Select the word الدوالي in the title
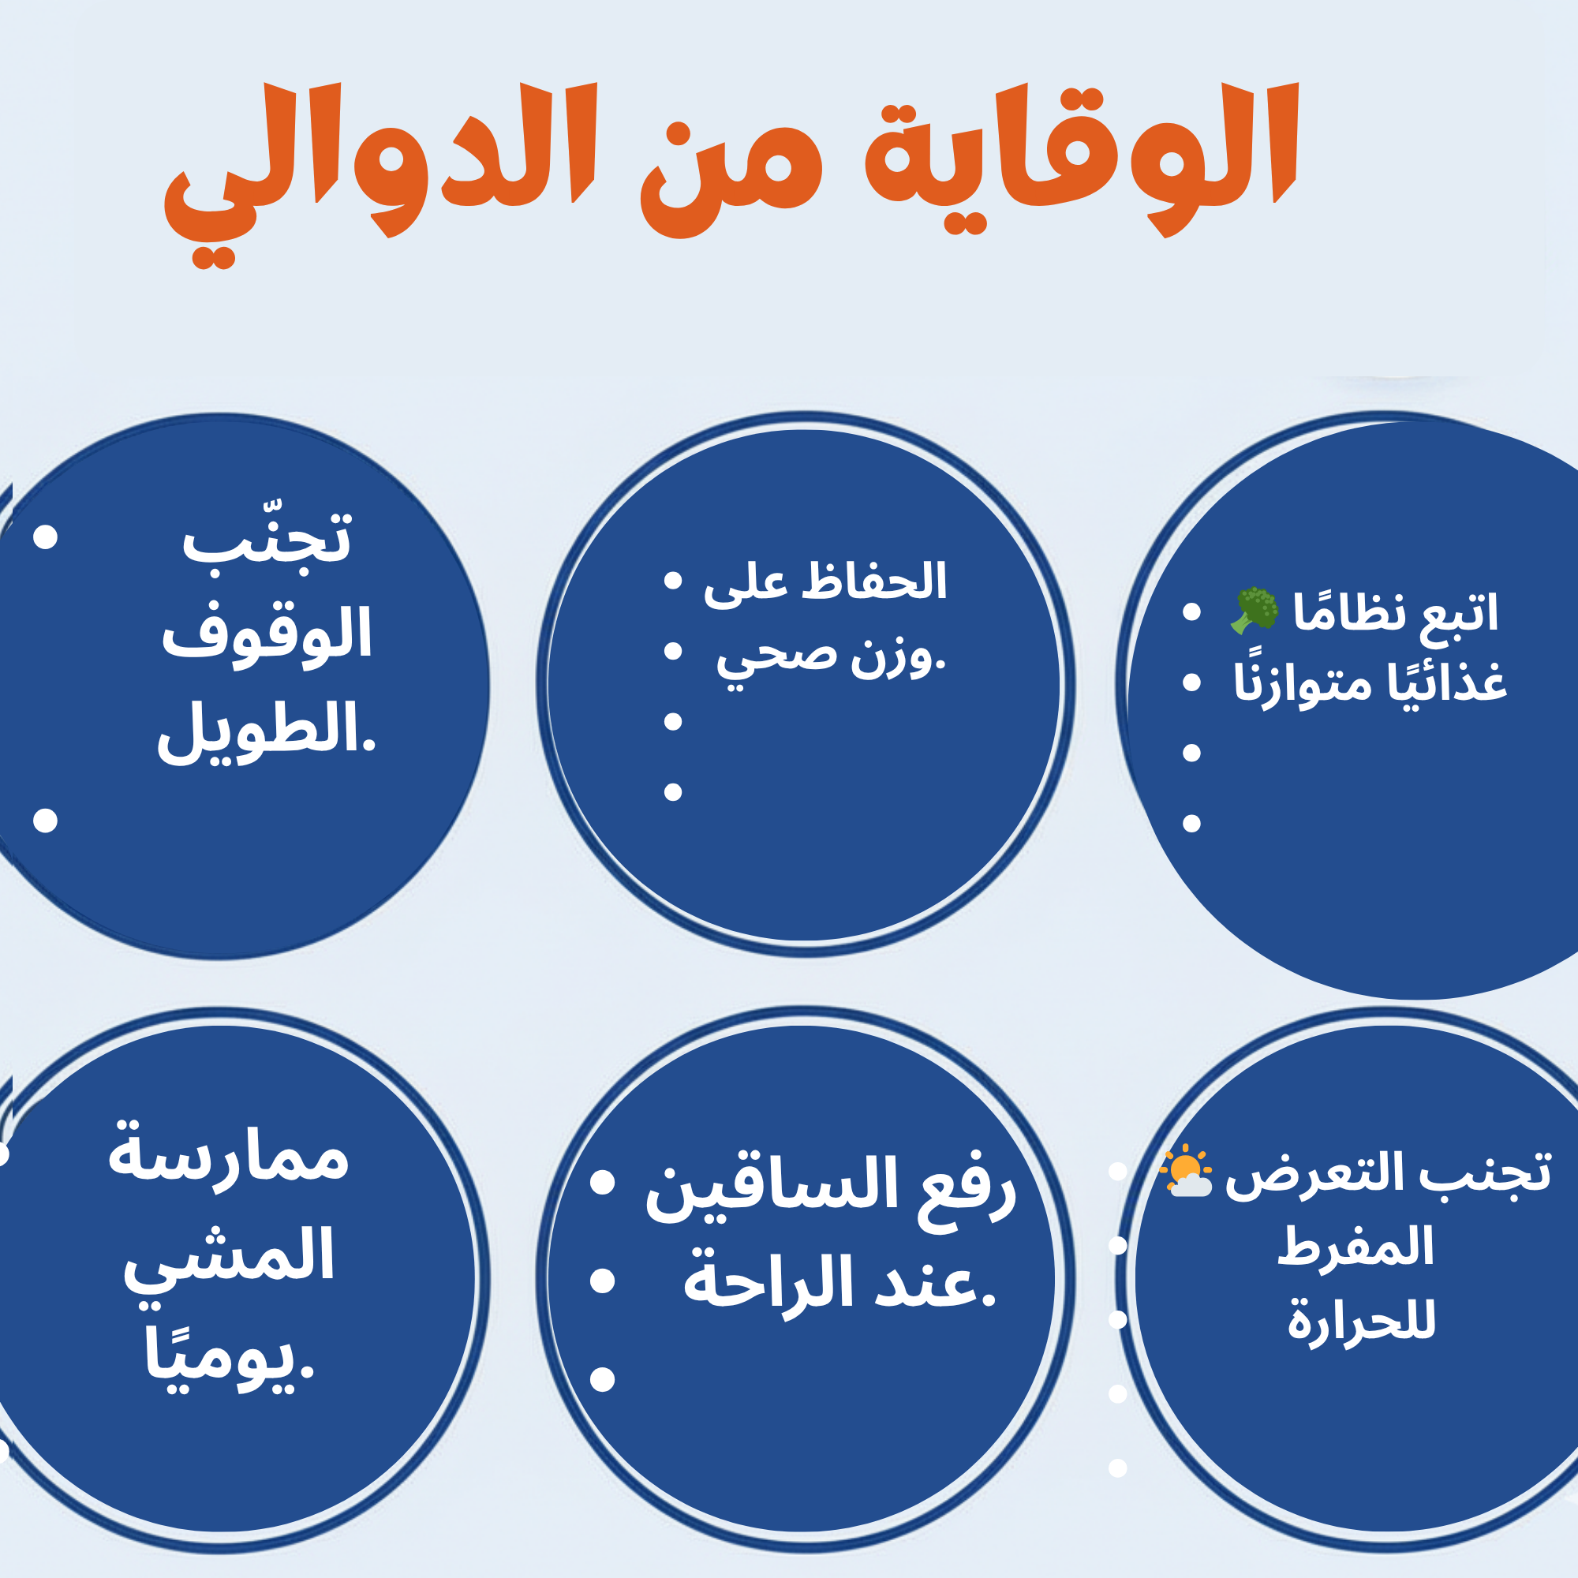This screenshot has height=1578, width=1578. pos(380,171)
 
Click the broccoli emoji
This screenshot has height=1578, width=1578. pos(1254,610)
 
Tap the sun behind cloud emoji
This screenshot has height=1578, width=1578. pos(1185,1171)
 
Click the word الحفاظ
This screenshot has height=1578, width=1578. pos(874,581)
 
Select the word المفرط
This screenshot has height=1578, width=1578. pos(1355,1247)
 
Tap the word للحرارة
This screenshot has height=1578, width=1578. pos(1362,1322)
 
